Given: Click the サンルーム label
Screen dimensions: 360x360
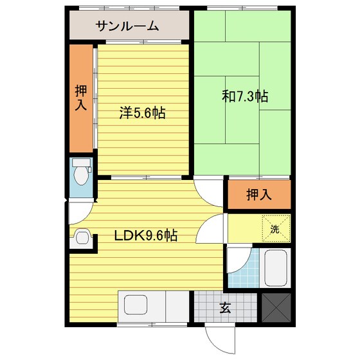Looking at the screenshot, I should pyautogui.click(x=127, y=26).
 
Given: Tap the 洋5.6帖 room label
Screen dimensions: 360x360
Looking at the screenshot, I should pyautogui.click(x=142, y=113).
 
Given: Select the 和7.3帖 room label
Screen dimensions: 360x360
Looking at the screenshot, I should pyautogui.click(x=245, y=97).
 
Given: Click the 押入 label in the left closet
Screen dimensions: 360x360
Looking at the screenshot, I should pyautogui.click(x=81, y=97).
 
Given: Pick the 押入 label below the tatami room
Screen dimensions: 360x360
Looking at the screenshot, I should pyautogui.click(x=258, y=194).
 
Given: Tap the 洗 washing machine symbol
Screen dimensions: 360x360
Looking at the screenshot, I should pyautogui.click(x=274, y=228).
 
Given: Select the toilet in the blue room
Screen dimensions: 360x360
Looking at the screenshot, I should pyautogui.click(x=80, y=172).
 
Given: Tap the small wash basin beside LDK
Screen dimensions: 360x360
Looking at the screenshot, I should pyautogui.click(x=82, y=237).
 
